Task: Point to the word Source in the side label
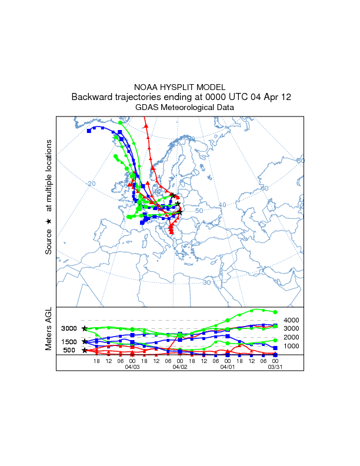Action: pyautogui.click(x=49, y=242)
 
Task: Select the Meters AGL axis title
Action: pyautogui.click(x=49, y=329)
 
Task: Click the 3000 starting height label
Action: pyautogui.click(x=69, y=328)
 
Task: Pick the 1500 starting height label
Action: pyautogui.click(x=69, y=342)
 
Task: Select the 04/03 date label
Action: pyautogui.click(x=132, y=367)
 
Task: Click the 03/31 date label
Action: pyautogui.click(x=275, y=367)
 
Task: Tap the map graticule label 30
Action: pyautogui.click(x=206, y=282)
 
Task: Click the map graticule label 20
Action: pyautogui.click(x=91, y=184)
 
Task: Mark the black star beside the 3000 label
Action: pyautogui.click(x=85, y=328)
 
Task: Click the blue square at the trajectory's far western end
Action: pyautogui.click(x=89, y=131)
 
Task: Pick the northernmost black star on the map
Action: pyautogui.click(x=172, y=195)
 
